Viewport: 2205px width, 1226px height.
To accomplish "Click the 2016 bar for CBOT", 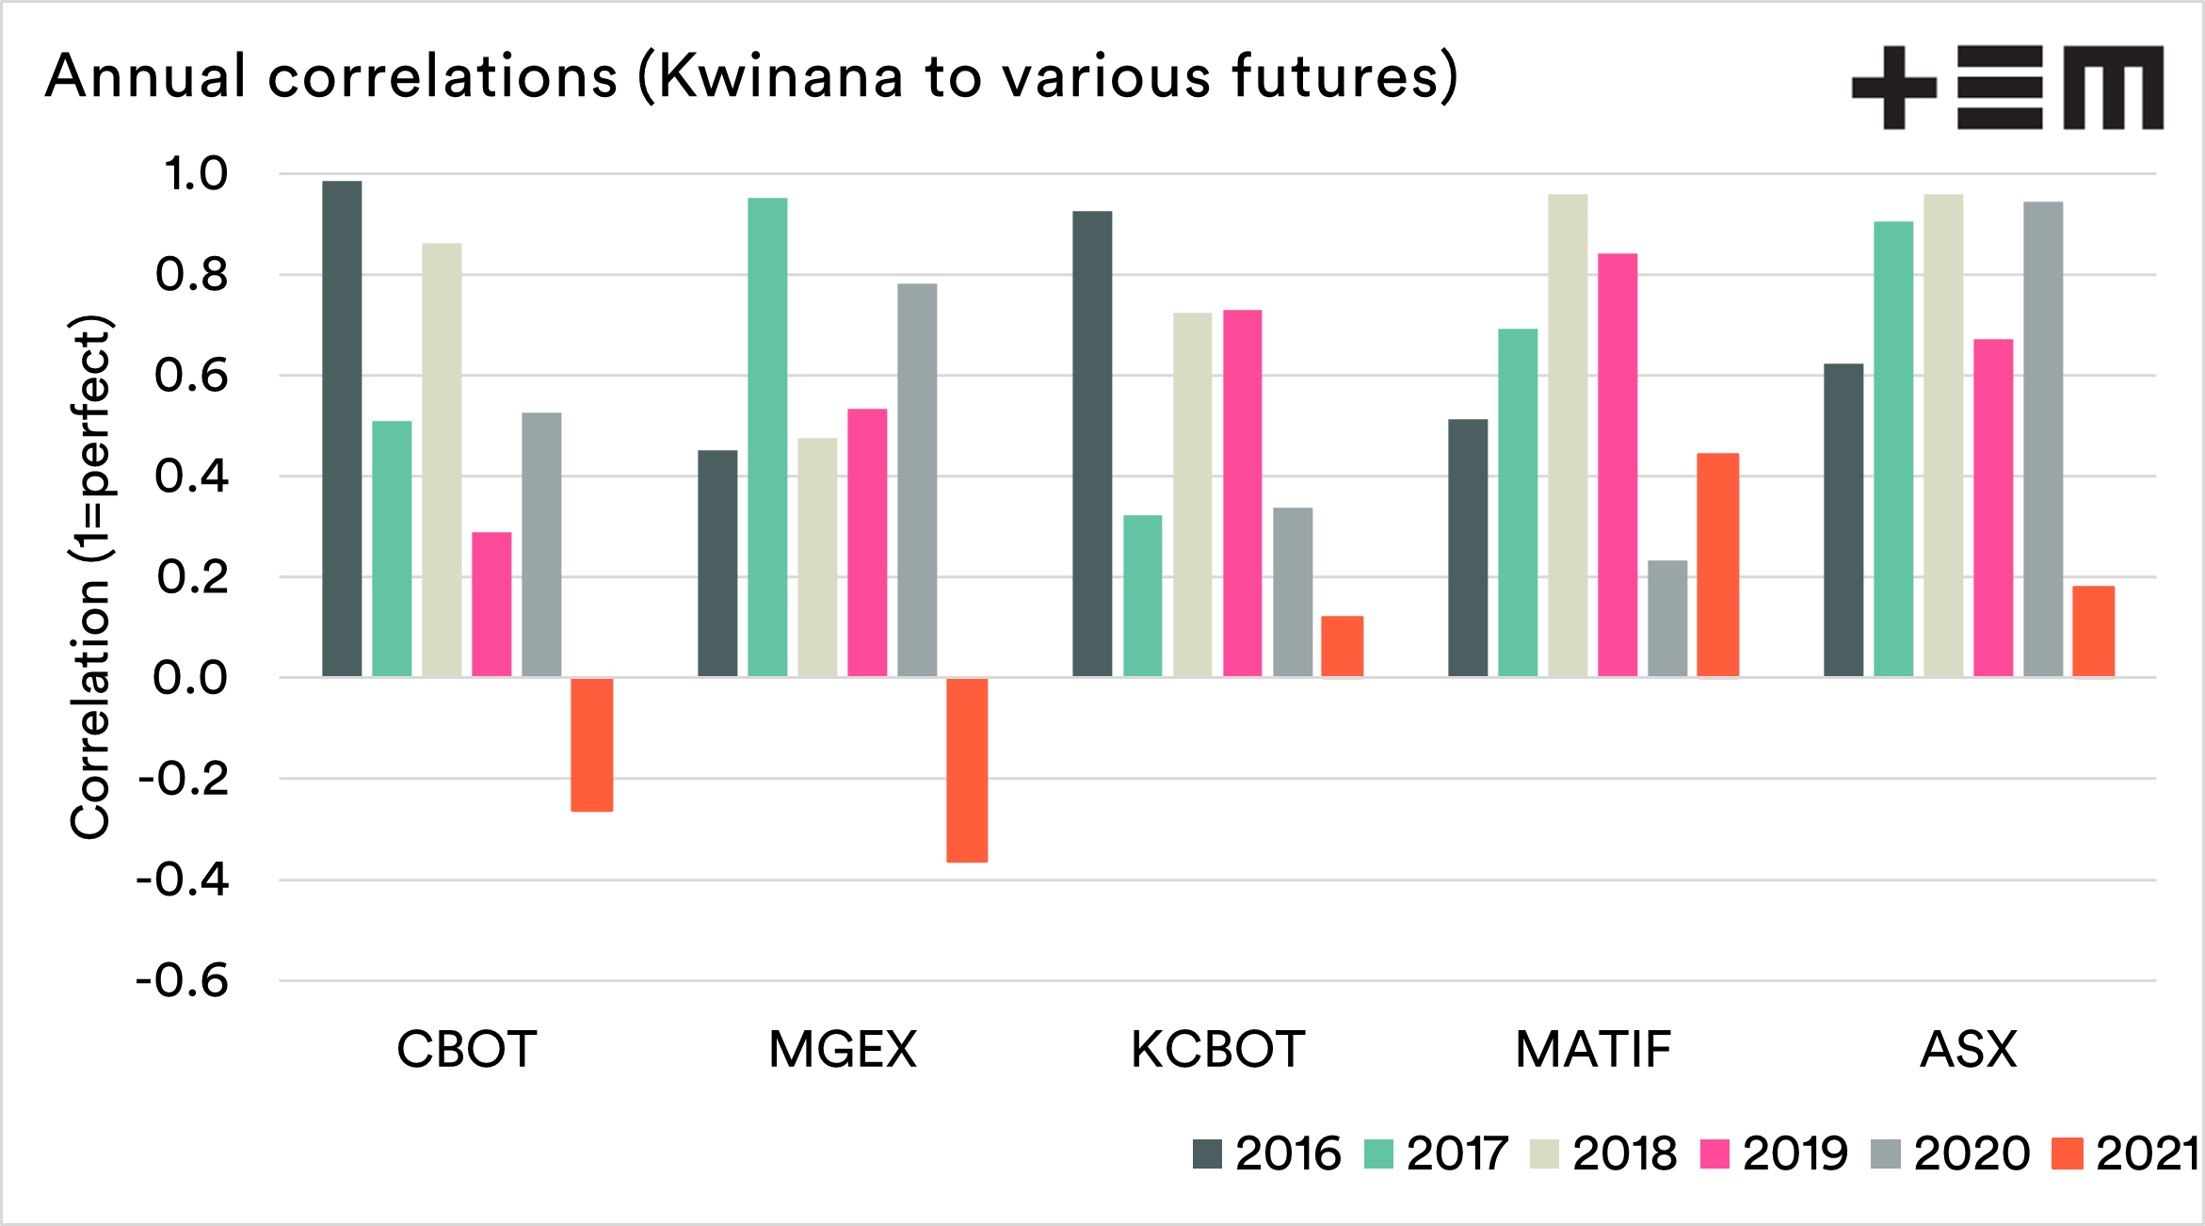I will [342, 428].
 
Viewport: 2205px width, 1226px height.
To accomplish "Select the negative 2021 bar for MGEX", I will [967, 770].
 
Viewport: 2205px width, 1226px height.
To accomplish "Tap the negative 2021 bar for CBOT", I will [591, 745].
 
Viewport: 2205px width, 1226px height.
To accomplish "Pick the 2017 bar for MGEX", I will [767, 437].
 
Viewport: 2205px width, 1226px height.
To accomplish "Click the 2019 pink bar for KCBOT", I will [1242, 492].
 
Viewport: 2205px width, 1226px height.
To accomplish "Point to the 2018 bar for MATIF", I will [1568, 435].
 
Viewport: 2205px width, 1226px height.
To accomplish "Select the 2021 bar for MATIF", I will [1717, 565].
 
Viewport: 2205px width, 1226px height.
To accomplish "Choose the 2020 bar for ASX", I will [2043, 439].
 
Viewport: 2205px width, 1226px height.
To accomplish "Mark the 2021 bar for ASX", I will [2093, 631].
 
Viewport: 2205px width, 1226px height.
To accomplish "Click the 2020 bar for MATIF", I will [1667, 619].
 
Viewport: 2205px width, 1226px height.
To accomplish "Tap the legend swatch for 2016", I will [1207, 1153].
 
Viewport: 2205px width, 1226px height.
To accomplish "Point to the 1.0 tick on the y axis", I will [196, 174].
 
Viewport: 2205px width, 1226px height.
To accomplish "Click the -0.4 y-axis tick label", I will [183, 880].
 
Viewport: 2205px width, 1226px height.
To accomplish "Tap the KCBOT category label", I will [1217, 1049].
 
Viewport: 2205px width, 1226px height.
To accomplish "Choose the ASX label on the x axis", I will [1969, 1049].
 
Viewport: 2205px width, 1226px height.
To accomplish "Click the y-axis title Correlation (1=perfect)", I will [90, 576].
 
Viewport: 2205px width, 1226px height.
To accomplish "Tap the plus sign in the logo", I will [1893, 88].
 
